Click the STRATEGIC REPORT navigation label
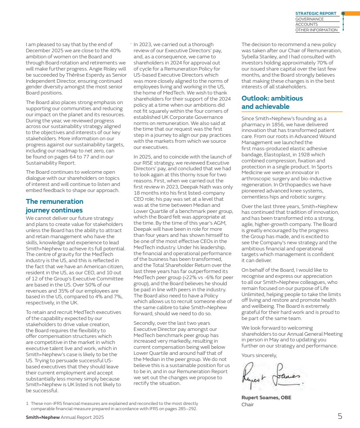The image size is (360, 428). coord(316,13)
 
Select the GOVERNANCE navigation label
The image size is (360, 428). coord(309,19)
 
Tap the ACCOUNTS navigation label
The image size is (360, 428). coord(307,25)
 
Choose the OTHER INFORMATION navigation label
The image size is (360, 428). coord(316,30)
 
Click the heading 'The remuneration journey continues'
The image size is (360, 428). coord(54,206)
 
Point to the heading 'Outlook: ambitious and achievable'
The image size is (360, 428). coord(272,102)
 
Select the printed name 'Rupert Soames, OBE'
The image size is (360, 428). coord(266,398)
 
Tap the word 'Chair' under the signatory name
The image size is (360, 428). coord(248,404)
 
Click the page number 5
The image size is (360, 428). coord(340,416)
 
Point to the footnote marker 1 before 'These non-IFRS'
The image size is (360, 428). coord(27,404)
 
